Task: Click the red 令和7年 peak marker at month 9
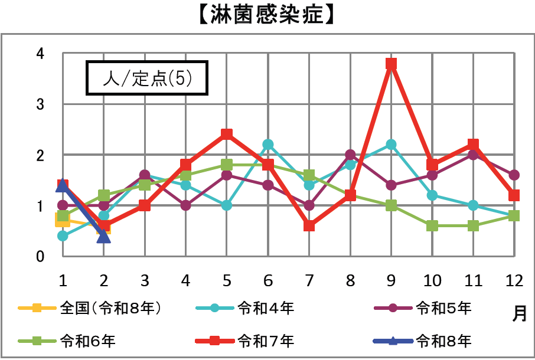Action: pyautogui.click(x=391, y=63)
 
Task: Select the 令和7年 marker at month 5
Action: pyautogui.click(x=227, y=134)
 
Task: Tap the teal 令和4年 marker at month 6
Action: pyautogui.click(x=268, y=145)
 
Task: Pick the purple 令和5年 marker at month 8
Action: pyautogui.click(x=350, y=155)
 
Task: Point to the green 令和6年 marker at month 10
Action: pyautogui.click(x=432, y=226)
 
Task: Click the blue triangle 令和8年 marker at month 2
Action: pyautogui.click(x=104, y=236)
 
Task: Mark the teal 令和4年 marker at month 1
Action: pyautogui.click(x=63, y=236)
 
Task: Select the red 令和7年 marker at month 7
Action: pyautogui.click(x=309, y=226)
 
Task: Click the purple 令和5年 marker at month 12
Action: pyautogui.click(x=514, y=175)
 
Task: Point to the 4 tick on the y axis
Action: pyautogui.click(x=40, y=54)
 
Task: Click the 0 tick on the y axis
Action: pyautogui.click(x=40, y=257)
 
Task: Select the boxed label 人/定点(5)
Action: pyautogui.click(x=147, y=78)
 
